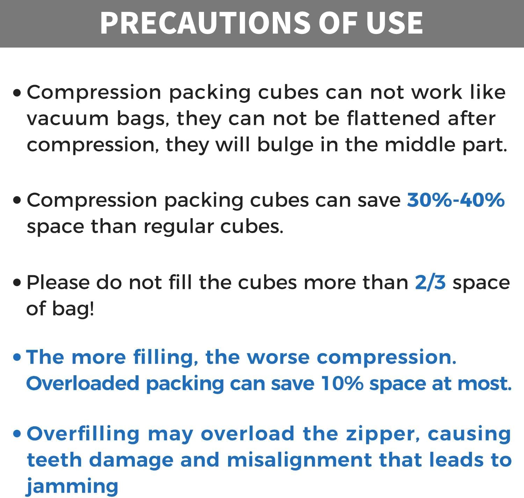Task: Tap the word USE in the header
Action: (395, 23)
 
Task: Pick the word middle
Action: (420, 144)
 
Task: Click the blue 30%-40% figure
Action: (456, 200)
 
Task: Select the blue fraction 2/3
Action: (430, 282)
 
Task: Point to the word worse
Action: (278, 358)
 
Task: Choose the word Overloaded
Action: (83, 384)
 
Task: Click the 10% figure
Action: (342, 384)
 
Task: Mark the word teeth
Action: (54, 460)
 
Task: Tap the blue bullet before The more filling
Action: (17, 357)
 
